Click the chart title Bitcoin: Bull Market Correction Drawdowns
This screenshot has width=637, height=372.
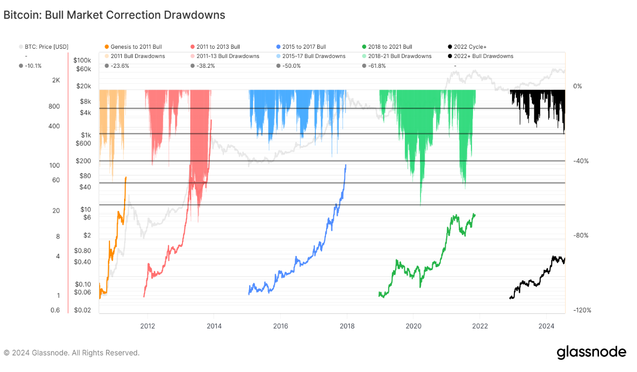click(x=114, y=15)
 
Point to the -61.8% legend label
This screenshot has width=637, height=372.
click(x=377, y=66)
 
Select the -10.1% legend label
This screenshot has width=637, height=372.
click(x=33, y=66)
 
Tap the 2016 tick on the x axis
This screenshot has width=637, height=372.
click(x=280, y=326)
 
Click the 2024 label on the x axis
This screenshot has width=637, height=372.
click(x=546, y=326)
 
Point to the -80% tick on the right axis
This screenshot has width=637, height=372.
click(x=581, y=235)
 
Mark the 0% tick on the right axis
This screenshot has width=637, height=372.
click(x=578, y=86)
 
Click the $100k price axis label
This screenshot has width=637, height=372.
click(x=82, y=60)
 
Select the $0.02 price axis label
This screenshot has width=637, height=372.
click(x=82, y=311)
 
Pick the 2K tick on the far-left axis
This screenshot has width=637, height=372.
click(x=56, y=80)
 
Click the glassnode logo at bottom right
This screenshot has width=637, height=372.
click(x=591, y=352)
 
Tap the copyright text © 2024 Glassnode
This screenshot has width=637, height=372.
click(x=72, y=352)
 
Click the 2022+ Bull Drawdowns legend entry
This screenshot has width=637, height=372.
click(x=483, y=56)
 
